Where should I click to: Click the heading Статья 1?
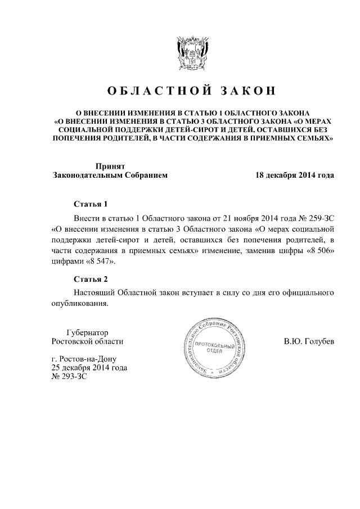91,204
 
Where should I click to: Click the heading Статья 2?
91,278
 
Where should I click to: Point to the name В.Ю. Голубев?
309,341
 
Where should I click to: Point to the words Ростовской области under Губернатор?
87,341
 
